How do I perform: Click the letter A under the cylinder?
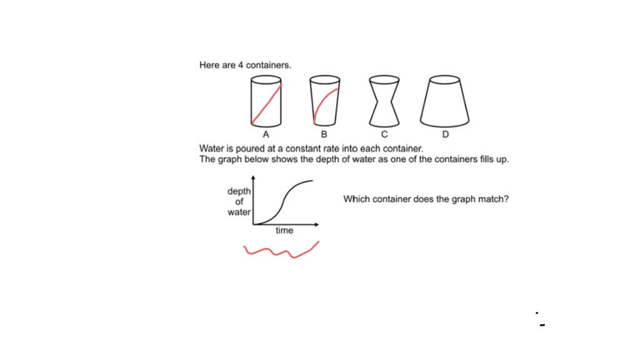[x=266, y=134]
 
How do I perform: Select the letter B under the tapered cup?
[x=324, y=134]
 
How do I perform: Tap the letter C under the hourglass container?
[x=384, y=134]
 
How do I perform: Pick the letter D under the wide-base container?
[x=445, y=134]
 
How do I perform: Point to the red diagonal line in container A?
[x=266, y=103]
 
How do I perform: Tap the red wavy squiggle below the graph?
[x=281, y=251]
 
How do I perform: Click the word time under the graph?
[x=284, y=231]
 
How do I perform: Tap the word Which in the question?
[x=355, y=199]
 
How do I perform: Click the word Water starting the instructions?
[x=211, y=149]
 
